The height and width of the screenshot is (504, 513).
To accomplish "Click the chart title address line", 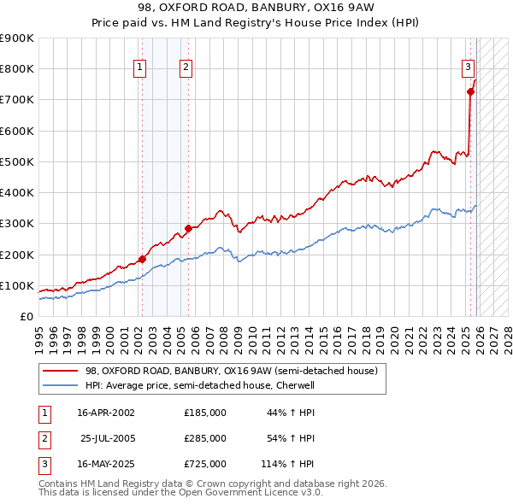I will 256,7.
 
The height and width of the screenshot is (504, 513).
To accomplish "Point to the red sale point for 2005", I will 188,228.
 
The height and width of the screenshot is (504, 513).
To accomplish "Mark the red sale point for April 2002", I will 143,259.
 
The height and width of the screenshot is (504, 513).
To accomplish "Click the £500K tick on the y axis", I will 17,161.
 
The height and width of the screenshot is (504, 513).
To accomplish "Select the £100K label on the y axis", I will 17,285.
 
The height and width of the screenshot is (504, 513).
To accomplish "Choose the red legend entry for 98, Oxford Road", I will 231,371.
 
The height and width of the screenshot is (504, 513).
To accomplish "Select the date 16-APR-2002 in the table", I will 105,413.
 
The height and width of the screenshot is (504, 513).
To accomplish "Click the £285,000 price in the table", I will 204,438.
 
